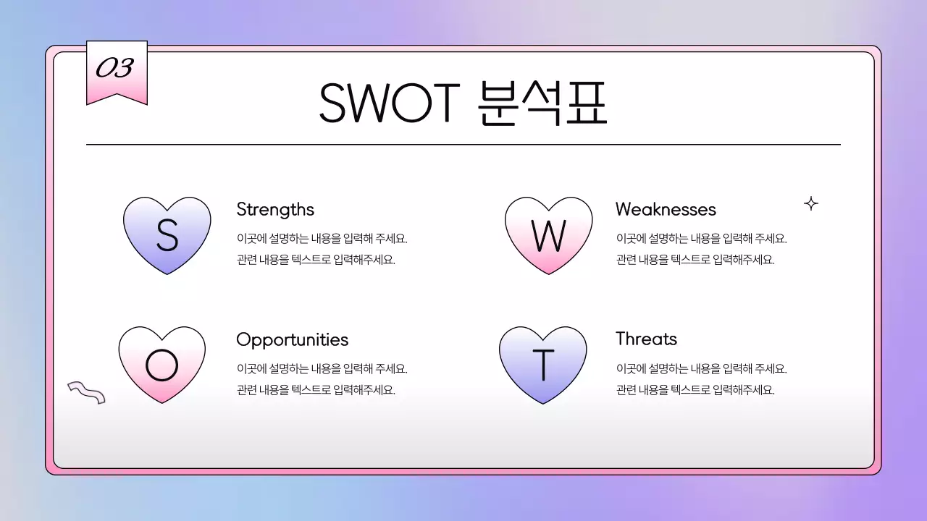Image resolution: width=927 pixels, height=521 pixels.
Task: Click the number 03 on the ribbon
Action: click(x=115, y=69)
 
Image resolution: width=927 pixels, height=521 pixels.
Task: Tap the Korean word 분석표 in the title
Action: click(x=542, y=103)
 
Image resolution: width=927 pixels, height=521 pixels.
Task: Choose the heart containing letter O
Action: click(x=162, y=364)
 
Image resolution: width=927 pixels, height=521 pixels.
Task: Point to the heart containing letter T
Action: click(x=542, y=364)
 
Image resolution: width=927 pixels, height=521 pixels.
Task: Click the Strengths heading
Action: click(x=275, y=210)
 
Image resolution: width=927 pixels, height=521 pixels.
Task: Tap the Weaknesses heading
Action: click(x=666, y=210)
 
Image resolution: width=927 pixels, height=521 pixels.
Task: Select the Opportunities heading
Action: click(x=292, y=339)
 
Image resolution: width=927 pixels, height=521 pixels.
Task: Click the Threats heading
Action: click(x=646, y=339)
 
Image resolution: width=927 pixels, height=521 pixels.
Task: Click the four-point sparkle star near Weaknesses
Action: click(x=811, y=204)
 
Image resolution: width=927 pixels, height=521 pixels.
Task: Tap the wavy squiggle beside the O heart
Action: click(x=86, y=392)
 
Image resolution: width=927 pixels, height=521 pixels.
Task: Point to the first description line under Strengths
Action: click(x=327, y=239)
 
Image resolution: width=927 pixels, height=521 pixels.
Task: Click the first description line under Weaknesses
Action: click(x=701, y=239)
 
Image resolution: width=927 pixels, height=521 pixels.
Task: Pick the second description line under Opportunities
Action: click(x=316, y=390)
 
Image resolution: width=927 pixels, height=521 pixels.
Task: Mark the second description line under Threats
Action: click(x=695, y=390)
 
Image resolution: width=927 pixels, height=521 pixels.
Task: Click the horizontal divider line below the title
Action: click(x=463, y=145)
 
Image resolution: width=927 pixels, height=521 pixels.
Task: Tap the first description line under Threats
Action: click(x=701, y=369)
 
